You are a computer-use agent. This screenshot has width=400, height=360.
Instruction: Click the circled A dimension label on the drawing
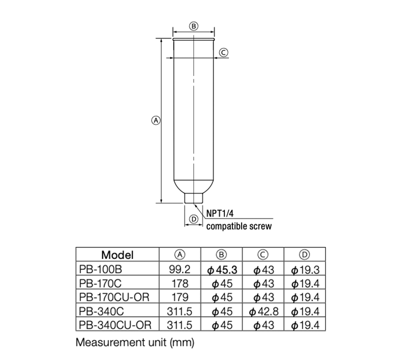pyautogui.click(x=155, y=120)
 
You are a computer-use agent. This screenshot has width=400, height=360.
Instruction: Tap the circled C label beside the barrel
pyautogui.click(x=223, y=51)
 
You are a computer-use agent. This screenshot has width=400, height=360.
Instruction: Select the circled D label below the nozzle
pyautogui.click(x=194, y=218)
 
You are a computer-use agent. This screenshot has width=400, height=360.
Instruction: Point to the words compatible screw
pyautogui.click(x=239, y=226)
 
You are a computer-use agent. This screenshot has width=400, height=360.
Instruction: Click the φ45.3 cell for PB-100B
pyautogui.click(x=221, y=269)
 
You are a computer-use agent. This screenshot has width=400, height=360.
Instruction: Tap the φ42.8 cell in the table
pyautogui.click(x=263, y=312)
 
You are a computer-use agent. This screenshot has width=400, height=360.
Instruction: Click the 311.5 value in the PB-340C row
pyautogui.click(x=179, y=312)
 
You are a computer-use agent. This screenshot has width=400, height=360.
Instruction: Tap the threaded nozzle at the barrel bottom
pyautogui.click(x=194, y=198)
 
